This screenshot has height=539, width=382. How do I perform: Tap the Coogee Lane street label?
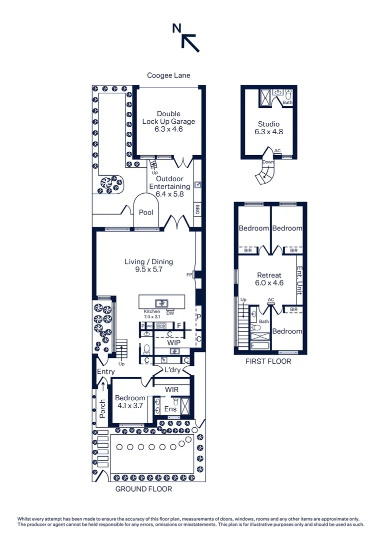(x=168, y=75)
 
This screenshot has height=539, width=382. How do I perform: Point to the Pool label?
(x=146, y=213)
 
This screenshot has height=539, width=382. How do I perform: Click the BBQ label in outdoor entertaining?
(x=197, y=209)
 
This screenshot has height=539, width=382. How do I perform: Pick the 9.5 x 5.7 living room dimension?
(x=148, y=269)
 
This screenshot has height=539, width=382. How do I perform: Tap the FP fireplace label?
(x=189, y=274)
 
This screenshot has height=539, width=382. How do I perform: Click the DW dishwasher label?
(x=170, y=313)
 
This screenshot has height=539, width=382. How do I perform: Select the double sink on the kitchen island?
(x=161, y=302)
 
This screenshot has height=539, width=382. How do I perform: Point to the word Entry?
(x=106, y=372)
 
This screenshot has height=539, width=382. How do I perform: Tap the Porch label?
(x=102, y=408)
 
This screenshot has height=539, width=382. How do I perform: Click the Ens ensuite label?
(x=170, y=409)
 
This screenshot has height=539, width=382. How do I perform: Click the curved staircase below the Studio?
(x=264, y=172)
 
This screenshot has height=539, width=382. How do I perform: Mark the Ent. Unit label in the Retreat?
(x=299, y=280)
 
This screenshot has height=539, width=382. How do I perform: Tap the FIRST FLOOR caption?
(x=268, y=361)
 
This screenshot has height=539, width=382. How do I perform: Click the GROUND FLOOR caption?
(x=143, y=489)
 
